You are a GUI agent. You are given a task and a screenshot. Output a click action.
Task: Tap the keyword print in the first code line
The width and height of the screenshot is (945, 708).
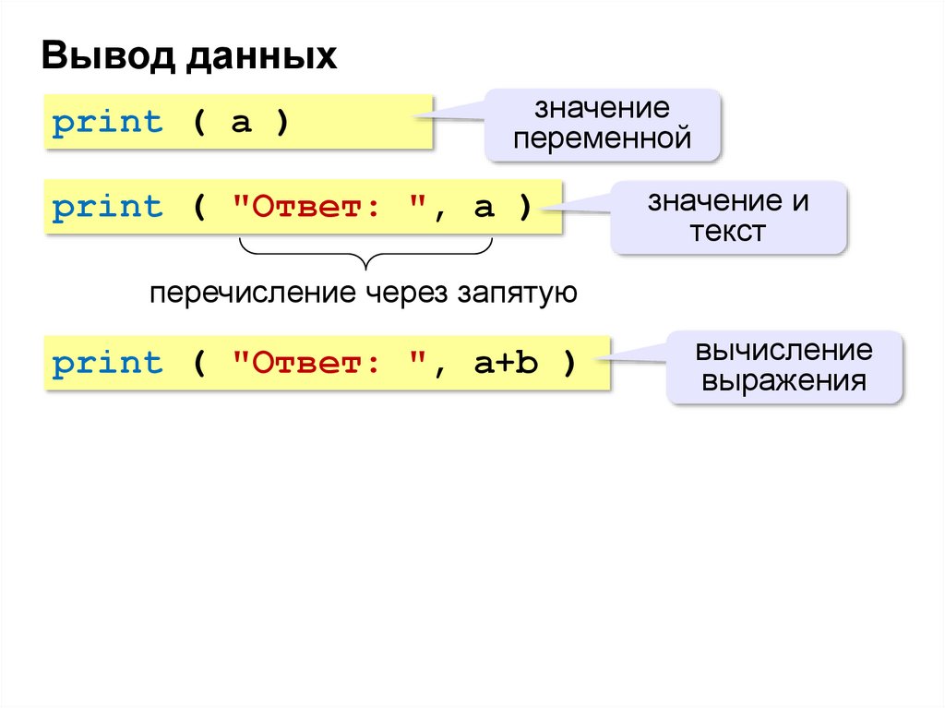click(x=107, y=123)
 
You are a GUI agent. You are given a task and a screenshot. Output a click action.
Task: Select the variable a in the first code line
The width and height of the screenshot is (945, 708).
click(x=241, y=123)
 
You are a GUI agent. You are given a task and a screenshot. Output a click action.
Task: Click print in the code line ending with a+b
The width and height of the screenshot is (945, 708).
click(x=107, y=363)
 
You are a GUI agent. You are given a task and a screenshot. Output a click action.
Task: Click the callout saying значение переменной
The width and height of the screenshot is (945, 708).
click(x=603, y=124)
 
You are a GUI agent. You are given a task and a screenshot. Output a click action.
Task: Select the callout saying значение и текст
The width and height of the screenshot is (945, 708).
click(x=727, y=216)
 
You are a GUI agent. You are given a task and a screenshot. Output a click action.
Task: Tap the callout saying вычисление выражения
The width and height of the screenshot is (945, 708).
click(x=784, y=366)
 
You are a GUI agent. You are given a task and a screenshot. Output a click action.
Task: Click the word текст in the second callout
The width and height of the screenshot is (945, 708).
click(x=727, y=231)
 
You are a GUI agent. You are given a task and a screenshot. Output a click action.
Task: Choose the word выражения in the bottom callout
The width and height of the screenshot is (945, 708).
click(x=784, y=380)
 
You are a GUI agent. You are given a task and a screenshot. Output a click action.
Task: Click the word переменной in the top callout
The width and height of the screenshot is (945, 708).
click(x=603, y=139)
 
